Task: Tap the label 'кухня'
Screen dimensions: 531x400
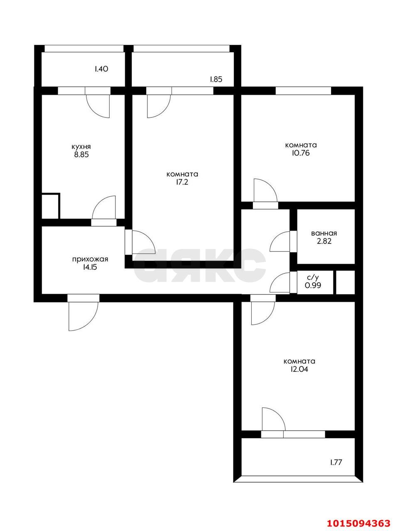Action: tap(81, 147)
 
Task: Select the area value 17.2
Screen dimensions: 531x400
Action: tap(182, 182)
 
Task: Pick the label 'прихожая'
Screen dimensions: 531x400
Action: tap(90, 259)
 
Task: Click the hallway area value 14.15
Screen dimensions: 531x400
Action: tap(90, 268)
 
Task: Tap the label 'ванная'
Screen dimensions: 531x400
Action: tap(324, 234)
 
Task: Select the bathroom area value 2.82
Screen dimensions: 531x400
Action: tap(324, 241)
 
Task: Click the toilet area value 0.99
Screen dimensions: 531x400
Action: tap(313, 285)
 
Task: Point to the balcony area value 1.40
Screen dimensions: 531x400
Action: tap(101, 69)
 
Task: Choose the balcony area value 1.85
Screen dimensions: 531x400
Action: tap(216, 79)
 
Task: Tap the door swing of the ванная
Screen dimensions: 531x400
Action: tap(280, 242)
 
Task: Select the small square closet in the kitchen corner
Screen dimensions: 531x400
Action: tap(51, 206)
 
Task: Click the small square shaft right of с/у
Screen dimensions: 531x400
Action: tap(344, 283)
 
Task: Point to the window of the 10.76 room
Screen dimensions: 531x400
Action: tap(303, 90)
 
